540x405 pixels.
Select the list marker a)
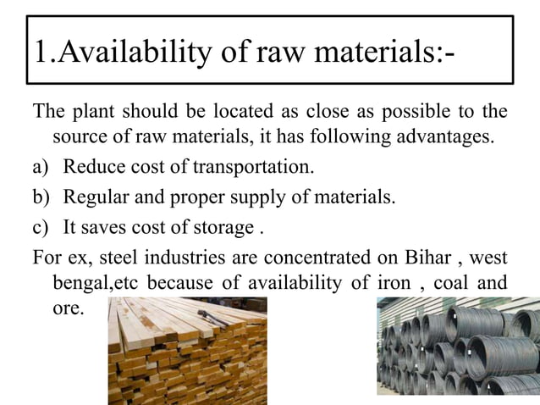(x=41, y=167)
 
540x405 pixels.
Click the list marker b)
(x=41, y=197)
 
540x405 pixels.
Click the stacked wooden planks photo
(x=187, y=351)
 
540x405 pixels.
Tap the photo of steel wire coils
(x=458, y=351)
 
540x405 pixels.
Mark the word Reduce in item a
(x=91, y=167)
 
